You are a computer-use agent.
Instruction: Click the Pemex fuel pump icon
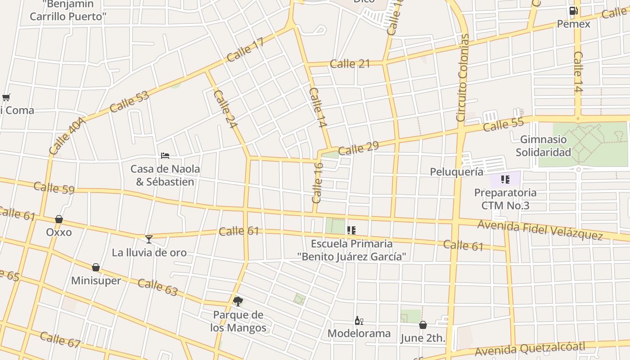pos(573,11)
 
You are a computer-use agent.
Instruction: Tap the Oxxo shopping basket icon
pos(59,219)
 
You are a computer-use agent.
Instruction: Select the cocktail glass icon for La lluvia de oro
pos(149,239)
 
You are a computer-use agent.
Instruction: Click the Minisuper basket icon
pos(96,268)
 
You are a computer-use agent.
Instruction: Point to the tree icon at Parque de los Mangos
pos(238,301)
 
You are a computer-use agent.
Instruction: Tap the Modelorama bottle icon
pos(359,320)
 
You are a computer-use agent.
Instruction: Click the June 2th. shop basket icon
pos(423,324)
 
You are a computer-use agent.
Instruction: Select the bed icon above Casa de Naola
pos(165,156)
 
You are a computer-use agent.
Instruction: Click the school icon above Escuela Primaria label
pos(351,230)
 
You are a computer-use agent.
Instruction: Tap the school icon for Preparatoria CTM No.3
pos(505,180)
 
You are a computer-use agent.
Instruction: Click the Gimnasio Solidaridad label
pos(543,146)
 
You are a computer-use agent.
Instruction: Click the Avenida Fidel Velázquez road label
pos(540,230)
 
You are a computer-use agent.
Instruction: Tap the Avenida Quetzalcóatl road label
pos(530,349)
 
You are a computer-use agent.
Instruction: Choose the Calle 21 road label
pos(350,64)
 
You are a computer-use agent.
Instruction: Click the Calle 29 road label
pos(358,148)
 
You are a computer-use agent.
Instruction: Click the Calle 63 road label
pos(157,287)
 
